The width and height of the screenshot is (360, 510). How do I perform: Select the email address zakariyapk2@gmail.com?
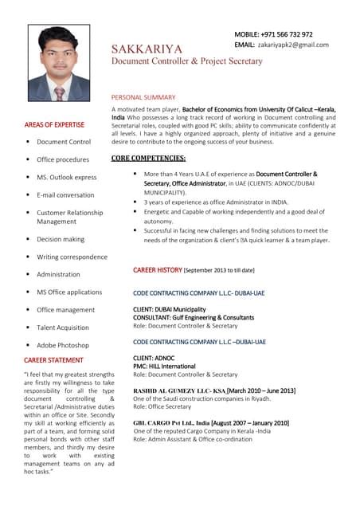point(292,45)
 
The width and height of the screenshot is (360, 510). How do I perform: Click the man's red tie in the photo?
point(58,93)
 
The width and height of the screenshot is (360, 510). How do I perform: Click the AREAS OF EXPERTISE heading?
point(54,125)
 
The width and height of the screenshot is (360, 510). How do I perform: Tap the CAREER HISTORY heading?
point(158,270)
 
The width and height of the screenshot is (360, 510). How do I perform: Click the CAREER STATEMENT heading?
point(53,360)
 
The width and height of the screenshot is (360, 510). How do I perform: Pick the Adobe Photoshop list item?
point(63,345)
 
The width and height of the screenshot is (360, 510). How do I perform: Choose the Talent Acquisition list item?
point(63,328)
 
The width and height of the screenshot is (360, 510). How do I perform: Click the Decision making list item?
point(61,239)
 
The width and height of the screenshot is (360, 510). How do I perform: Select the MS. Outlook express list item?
point(66,177)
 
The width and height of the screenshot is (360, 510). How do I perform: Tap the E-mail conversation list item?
point(65,194)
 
